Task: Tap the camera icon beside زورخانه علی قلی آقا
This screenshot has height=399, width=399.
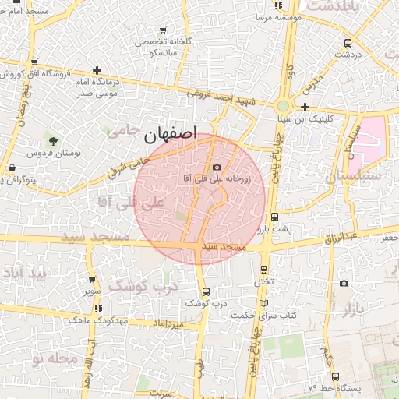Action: point(217,167)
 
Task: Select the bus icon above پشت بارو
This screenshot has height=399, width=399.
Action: point(274,217)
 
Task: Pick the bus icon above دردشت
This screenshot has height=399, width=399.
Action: point(347,44)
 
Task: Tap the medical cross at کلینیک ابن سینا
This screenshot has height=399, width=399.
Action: point(305,107)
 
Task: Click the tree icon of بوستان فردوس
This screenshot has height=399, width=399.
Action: point(53,141)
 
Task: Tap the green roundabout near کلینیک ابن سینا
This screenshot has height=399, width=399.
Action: point(283,106)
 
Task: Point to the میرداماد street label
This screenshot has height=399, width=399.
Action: point(168,322)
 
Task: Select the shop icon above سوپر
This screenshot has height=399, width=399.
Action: point(94,280)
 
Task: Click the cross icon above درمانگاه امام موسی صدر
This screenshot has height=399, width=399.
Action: point(96,70)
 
